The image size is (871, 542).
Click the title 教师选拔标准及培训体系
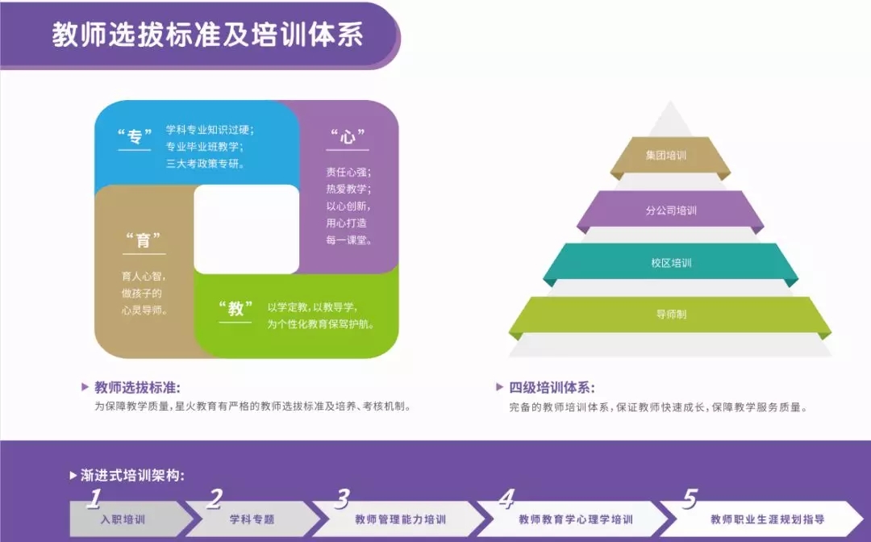[208, 35]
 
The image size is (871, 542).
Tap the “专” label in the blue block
[135, 136]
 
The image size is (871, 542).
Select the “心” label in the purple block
[348, 136]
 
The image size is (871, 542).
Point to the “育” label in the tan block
[144, 240]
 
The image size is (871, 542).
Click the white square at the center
[247, 229]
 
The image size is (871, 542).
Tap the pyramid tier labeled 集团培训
[670, 156]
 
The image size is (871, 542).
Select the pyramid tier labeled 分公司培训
[670, 210]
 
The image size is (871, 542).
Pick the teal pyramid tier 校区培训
[670, 263]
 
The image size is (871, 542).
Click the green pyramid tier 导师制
[670, 315]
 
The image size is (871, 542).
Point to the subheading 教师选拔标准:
[137, 388]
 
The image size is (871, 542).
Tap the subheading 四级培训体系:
[552, 388]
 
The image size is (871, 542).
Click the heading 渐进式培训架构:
[132, 475]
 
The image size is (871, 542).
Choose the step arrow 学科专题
[252, 519]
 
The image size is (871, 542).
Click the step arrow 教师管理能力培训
[400, 519]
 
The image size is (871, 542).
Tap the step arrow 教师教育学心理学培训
[576, 519]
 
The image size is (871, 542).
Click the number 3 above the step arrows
[343, 499]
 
